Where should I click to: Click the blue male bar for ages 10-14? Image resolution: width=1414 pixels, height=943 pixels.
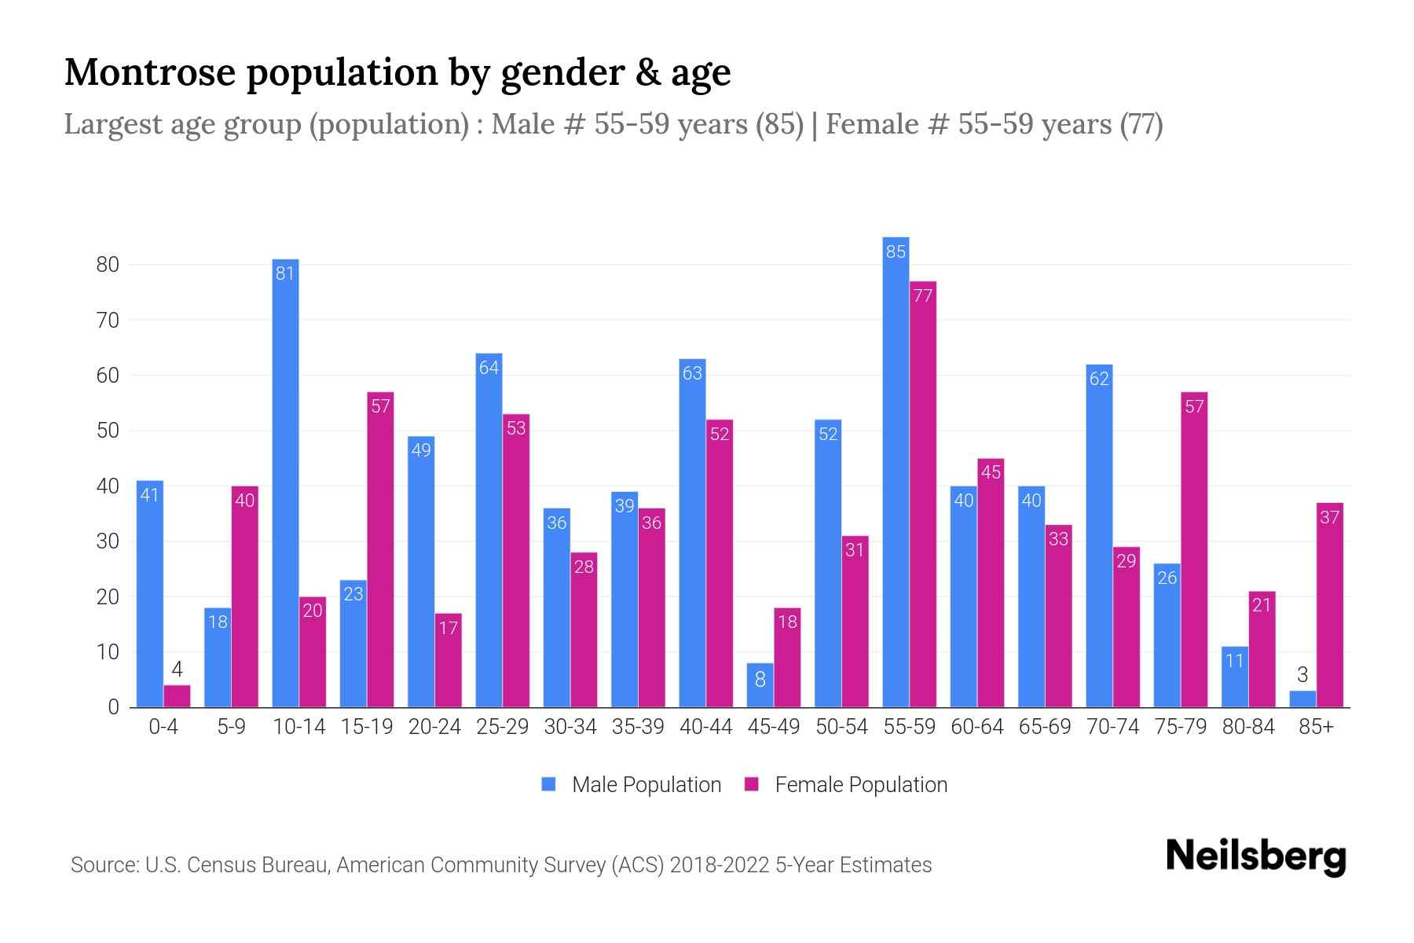click(285, 483)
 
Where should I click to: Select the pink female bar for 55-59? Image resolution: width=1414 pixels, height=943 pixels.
click(923, 495)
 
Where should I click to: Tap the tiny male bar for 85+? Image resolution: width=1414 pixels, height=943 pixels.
click(1302, 699)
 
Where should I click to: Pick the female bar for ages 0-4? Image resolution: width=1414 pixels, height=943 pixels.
click(177, 696)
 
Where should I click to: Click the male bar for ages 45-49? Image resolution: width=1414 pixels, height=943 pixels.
click(760, 685)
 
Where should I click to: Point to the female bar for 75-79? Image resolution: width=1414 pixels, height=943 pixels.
click(1194, 550)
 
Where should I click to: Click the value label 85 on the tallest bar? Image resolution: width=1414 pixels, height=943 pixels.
click(896, 251)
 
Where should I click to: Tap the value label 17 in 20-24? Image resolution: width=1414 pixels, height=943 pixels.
click(448, 628)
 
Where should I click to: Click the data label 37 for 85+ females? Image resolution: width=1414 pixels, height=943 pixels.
click(1329, 517)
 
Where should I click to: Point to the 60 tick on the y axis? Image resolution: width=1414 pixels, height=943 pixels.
click(108, 376)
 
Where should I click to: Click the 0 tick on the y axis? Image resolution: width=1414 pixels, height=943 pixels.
click(114, 707)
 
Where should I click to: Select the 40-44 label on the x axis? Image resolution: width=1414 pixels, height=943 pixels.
click(705, 727)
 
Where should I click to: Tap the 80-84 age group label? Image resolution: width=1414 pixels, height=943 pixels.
click(1248, 727)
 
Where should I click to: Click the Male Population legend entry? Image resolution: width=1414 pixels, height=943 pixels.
click(632, 785)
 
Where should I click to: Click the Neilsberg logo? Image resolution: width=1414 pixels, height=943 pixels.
click(1255, 857)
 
